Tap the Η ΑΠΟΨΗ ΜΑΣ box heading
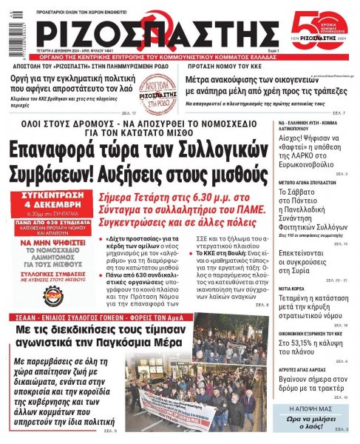(310, 408)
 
